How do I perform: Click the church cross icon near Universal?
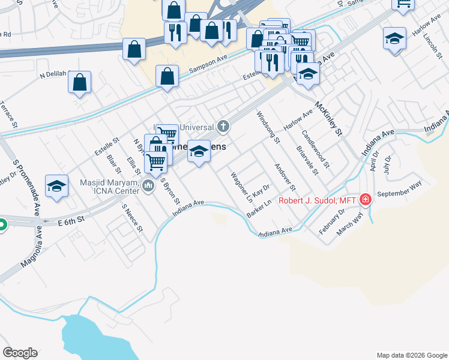tap(223, 126)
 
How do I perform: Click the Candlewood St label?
tap(316, 148)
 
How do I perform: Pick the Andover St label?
tap(282, 178)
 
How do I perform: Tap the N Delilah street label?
tap(53, 76)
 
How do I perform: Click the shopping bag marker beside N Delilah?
tap(79, 83)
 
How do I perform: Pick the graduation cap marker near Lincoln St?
tap(394, 39)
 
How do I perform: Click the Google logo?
tap(20, 353)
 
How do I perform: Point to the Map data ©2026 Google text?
tap(411, 355)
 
